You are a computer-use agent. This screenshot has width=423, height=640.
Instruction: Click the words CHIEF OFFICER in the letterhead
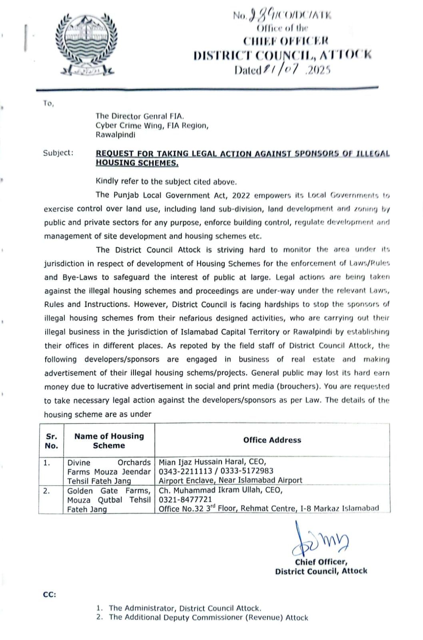pyautogui.click(x=285, y=41)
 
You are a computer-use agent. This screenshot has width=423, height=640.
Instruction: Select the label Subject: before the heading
pyautogui.click(x=58, y=153)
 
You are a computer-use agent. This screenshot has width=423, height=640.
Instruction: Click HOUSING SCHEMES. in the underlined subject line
pyautogui.click(x=137, y=163)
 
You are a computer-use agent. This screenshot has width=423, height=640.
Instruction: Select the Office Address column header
pyautogui.click(x=272, y=440)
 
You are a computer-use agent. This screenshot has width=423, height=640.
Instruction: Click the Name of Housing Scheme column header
pyautogui.click(x=109, y=441)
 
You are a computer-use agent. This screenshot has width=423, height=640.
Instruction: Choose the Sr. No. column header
pyautogui.click(x=51, y=441)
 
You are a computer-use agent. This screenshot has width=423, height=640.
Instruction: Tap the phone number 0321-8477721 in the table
pyautogui.click(x=185, y=500)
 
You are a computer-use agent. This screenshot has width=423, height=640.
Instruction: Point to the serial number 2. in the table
pyautogui.click(x=47, y=491)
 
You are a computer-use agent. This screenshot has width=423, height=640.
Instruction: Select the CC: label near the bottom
pyautogui.click(x=50, y=594)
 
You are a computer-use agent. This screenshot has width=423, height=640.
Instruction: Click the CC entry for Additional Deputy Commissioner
pyautogui.click(x=208, y=617)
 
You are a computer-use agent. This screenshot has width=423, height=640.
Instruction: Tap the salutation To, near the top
pyautogui.click(x=48, y=104)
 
